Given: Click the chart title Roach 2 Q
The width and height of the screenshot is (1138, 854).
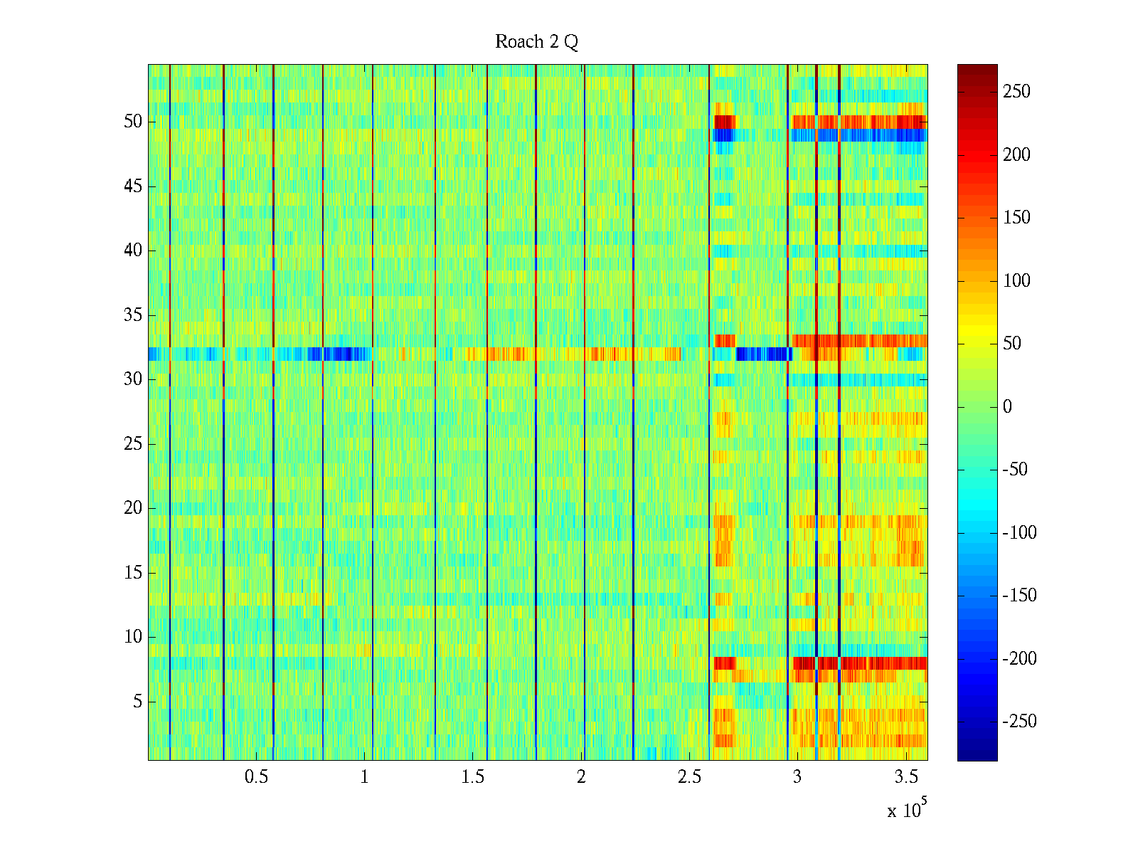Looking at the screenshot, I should click(536, 42).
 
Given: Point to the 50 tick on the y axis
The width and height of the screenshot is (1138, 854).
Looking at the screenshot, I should click(133, 122).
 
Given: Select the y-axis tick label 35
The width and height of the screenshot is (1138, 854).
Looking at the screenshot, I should click(133, 315).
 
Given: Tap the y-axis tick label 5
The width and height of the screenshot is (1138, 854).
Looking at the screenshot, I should click(137, 702).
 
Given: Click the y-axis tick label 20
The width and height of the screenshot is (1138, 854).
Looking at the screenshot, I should click(133, 508).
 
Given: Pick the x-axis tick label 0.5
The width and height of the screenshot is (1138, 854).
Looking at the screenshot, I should click(256, 777).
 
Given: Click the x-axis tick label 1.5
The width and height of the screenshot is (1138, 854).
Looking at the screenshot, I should click(473, 777).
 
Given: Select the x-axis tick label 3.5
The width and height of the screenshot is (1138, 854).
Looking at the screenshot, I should click(906, 777).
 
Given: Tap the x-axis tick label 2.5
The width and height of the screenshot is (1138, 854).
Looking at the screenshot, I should click(689, 777).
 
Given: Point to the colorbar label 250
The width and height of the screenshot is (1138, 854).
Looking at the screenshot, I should click(1016, 92).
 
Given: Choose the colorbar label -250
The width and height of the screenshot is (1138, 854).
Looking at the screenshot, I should click(1019, 722).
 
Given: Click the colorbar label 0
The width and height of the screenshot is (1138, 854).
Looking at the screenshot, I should click(1007, 407).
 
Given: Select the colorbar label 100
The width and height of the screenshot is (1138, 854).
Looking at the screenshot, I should click(1016, 281).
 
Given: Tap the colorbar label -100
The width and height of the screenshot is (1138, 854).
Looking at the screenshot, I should click(1019, 533).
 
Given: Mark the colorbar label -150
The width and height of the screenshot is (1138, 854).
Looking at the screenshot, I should click(1019, 596).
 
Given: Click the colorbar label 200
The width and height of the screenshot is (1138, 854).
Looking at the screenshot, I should click(1016, 155).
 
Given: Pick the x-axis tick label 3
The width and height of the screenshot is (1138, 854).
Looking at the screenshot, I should click(797, 777).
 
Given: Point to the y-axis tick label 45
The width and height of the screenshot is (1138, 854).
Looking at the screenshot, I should click(133, 186).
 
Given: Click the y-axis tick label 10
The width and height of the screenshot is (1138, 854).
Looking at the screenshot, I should click(133, 637).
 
